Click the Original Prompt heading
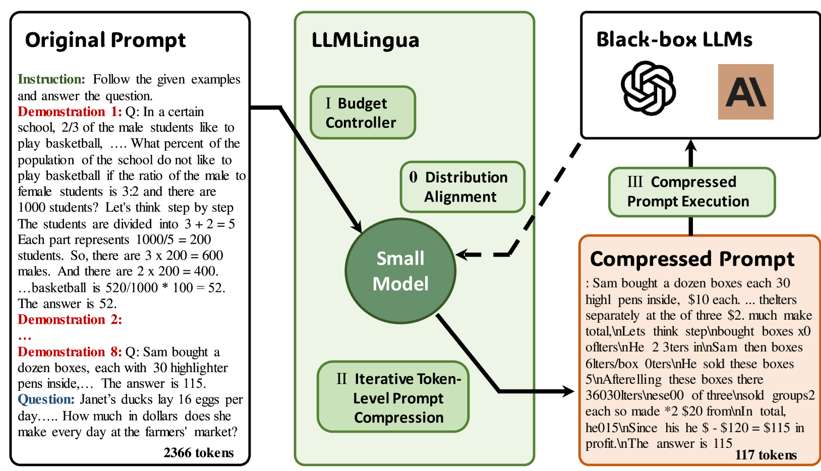[x=105, y=40]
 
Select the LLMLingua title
[x=365, y=40]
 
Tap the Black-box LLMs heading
[x=674, y=39]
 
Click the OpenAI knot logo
[x=648, y=89]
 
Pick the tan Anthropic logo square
[x=745, y=92]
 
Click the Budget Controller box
[x=363, y=112]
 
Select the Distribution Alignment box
[x=462, y=187]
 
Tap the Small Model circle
[x=400, y=271]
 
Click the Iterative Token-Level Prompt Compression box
[x=393, y=397]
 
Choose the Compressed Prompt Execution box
[x=691, y=192]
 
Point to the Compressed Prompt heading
[x=692, y=259]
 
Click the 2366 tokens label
[x=198, y=453]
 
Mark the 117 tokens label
[x=766, y=455]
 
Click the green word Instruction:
[x=51, y=79]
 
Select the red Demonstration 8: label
[x=70, y=351]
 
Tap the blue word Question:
[x=46, y=399]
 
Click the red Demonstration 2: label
[x=70, y=320]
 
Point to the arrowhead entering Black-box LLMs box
[x=691, y=146]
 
